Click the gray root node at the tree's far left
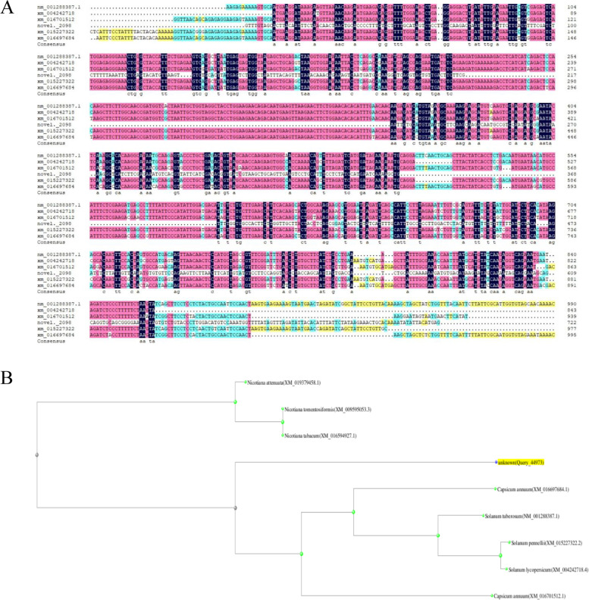coord(36,455)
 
